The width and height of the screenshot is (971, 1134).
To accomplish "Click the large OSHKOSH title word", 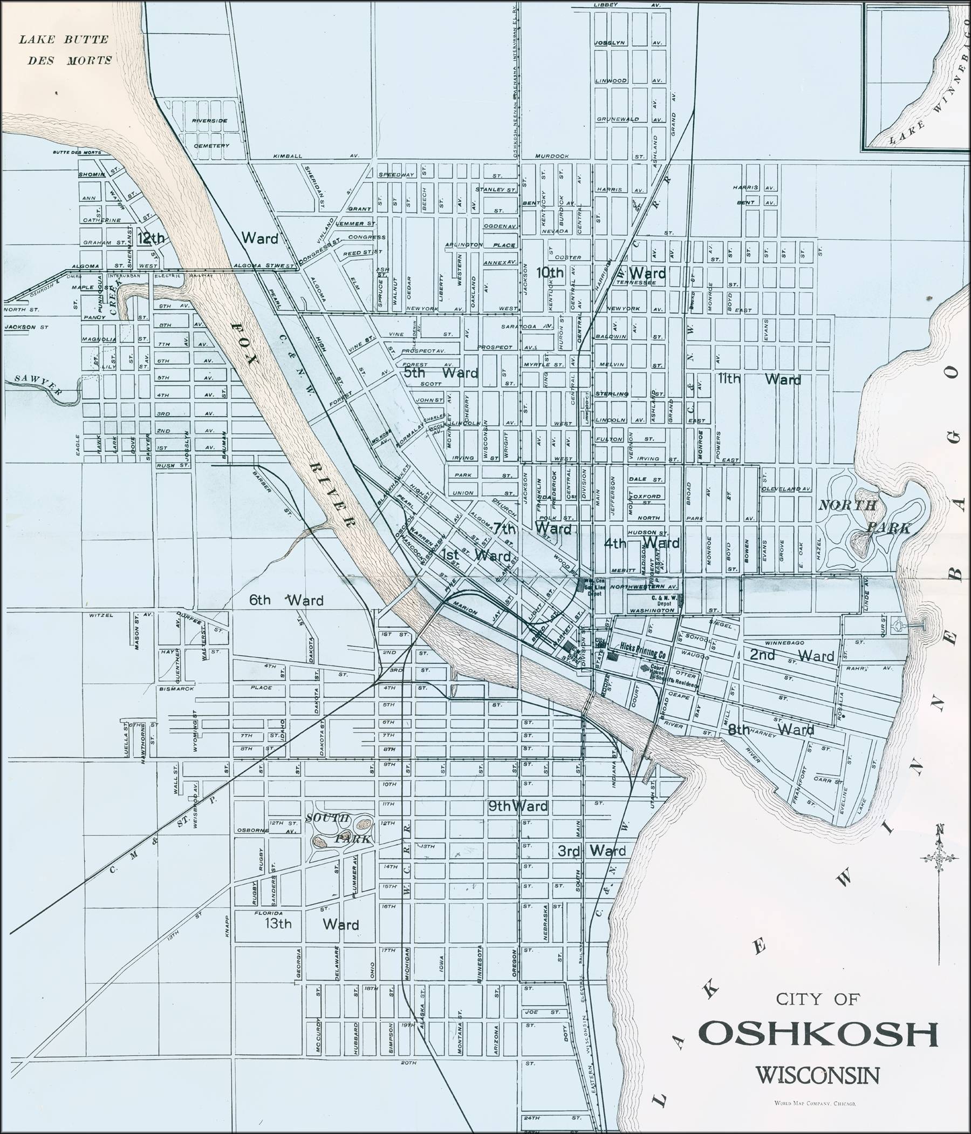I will pos(819,1034).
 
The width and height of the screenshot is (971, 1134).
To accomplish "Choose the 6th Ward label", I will pos(286,600).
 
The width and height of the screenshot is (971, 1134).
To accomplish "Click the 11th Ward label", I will pos(760,379).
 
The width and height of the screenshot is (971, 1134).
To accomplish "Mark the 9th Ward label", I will pos(517,806).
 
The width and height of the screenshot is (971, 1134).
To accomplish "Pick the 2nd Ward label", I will pos(791,656).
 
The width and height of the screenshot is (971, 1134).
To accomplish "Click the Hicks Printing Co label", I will pos(643,655).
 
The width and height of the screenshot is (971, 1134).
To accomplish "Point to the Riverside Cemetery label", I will pos(210,132).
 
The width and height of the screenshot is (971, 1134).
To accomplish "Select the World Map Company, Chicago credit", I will pos(815,1104).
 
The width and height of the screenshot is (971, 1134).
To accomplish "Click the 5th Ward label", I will pos(441,374).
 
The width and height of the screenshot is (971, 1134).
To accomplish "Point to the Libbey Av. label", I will pos(626,5).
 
